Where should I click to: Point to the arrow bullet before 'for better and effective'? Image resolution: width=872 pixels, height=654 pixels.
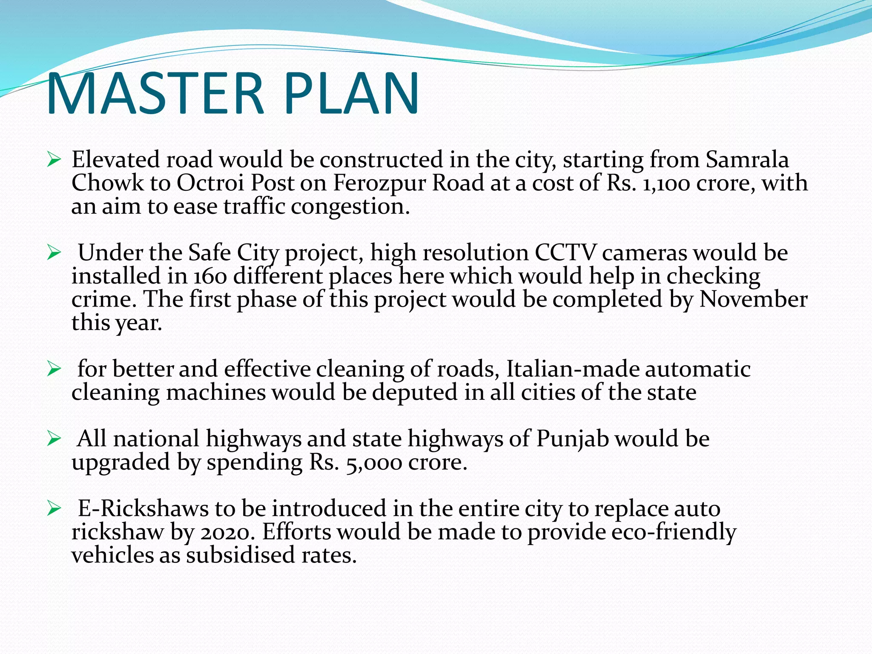click(x=54, y=369)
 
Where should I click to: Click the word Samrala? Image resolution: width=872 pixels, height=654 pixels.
click(x=747, y=160)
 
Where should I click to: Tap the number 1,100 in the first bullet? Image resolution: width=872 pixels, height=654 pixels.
click(x=666, y=184)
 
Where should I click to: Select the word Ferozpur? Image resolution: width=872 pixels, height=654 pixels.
click(x=380, y=184)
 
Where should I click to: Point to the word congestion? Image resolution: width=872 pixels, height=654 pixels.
click(x=350, y=207)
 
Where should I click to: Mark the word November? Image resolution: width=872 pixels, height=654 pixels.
click(x=753, y=299)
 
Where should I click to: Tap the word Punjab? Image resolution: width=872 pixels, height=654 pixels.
click(x=573, y=439)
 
